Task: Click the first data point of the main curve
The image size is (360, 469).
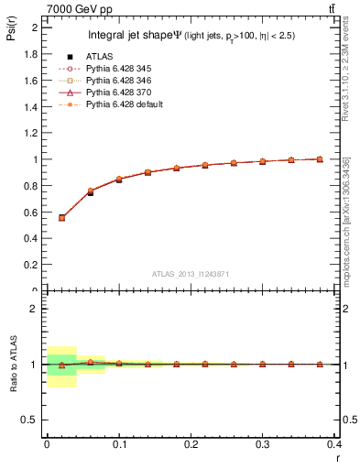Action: [61, 218]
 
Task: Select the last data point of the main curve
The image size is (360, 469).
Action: [320, 159]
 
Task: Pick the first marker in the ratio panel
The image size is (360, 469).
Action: [61, 365]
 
